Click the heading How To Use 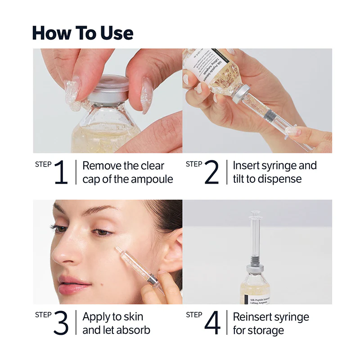83,33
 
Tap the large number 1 61,172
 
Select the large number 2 211,172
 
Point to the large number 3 61,323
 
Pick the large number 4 212,323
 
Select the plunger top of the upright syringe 255,215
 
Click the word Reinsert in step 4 253,317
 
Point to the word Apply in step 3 96,317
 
